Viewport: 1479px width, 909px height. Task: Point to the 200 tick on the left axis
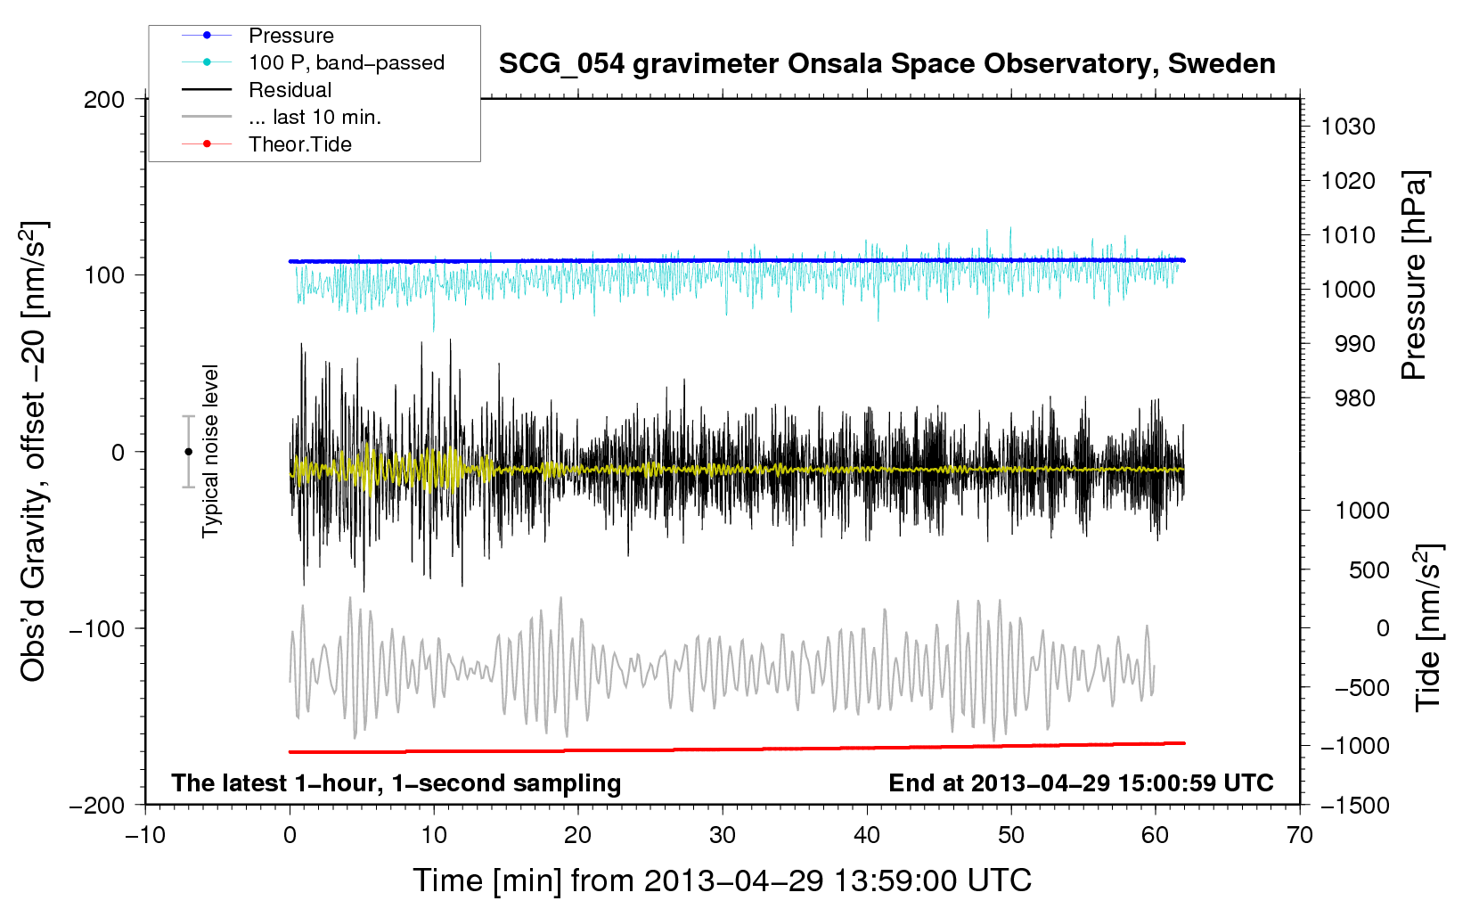(x=103, y=100)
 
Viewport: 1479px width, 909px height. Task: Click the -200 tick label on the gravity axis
(x=97, y=806)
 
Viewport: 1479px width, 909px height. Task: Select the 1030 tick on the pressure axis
(x=1348, y=127)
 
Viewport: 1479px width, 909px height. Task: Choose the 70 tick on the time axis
(x=1299, y=836)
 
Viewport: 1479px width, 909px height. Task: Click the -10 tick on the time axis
(x=145, y=836)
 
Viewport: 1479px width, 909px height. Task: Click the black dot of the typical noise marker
(x=188, y=452)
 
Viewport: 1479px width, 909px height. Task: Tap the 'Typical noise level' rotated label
(x=210, y=451)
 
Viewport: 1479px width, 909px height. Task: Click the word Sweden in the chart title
(x=1222, y=64)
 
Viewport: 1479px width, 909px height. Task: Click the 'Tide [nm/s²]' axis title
(x=1428, y=627)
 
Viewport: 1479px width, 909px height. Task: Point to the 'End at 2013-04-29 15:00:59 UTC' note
(x=1081, y=782)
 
